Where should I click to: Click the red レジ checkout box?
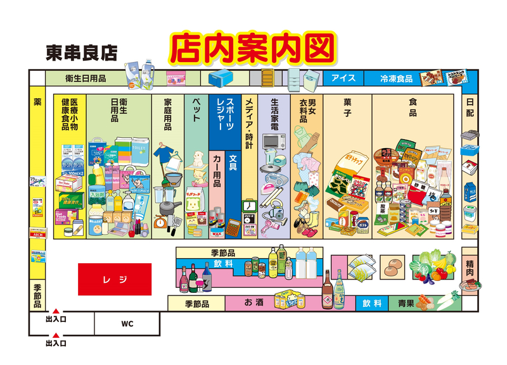pyautogui.click(x=115, y=279)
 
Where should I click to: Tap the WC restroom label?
pyautogui.click(x=127, y=324)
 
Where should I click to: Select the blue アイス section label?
pyautogui.click(x=343, y=78)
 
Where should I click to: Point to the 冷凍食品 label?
pyautogui.click(x=396, y=78)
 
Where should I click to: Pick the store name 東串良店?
pyautogui.click(x=82, y=53)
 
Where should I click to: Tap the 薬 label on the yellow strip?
pyautogui.click(x=37, y=102)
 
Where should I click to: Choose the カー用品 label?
pyautogui.click(x=217, y=171)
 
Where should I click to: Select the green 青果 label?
pyautogui.click(x=406, y=303)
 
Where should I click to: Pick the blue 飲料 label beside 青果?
pyautogui.click(x=372, y=303)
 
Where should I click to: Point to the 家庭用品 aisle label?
pyautogui.click(x=168, y=114)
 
